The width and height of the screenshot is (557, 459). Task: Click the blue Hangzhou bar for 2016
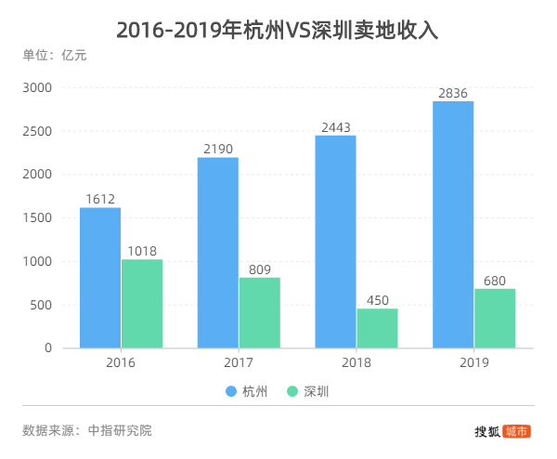coord(100,278)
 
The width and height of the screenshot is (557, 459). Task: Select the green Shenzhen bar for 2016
coord(142,304)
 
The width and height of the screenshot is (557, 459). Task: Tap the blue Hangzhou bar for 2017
coord(218,253)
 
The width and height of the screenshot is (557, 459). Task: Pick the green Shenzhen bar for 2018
coord(377,328)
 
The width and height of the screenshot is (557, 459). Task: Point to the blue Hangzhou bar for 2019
coord(453,225)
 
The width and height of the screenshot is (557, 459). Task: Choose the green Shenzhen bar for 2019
coord(495,318)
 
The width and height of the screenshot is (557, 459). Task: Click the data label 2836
coord(453,92)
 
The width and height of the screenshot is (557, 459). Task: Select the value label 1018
coord(142,250)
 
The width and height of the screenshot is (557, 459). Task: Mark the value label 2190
coord(218,148)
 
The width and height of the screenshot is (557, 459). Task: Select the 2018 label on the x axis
coord(356,362)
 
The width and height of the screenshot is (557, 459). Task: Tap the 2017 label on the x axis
coord(239,362)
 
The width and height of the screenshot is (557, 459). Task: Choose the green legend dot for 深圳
coord(292,392)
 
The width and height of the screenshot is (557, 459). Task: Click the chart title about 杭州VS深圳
coord(278,29)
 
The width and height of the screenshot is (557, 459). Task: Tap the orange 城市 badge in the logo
coord(517,431)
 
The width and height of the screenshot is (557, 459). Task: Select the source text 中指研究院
coord(120,430)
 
